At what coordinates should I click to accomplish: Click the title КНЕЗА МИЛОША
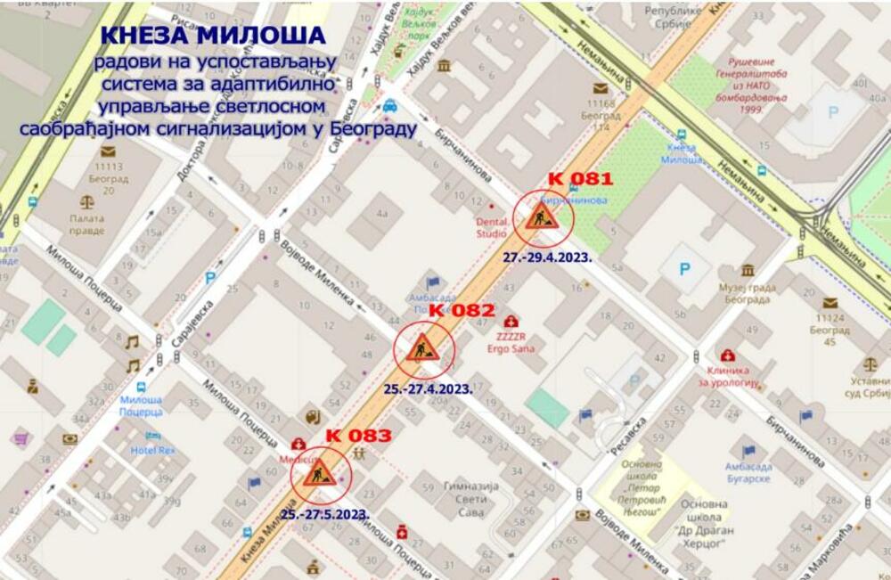coord(213,34)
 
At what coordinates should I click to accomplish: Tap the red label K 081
coord(580,179)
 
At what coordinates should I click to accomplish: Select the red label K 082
coord(462,310)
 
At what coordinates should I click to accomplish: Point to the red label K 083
coord(358,436)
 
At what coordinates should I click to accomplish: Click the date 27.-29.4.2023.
coord(548,256)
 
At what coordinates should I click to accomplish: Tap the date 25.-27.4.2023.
coord(428,389)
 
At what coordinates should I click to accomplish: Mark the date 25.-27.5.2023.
coord(324,514)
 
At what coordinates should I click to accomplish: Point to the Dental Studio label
coord(490,228)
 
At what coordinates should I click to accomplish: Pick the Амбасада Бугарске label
coord(748,473)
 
